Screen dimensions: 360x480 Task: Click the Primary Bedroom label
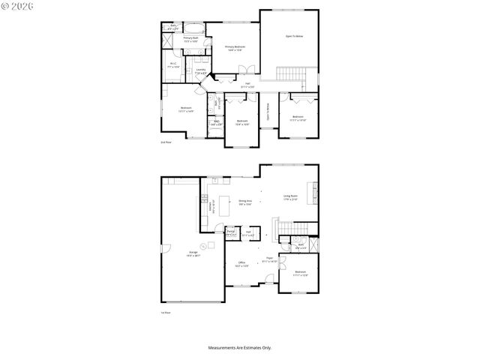coord(235,48)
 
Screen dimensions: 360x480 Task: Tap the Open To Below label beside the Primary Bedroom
coord(293,35)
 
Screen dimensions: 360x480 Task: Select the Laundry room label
coord(200,71)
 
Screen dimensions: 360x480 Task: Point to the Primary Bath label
coord(190,39)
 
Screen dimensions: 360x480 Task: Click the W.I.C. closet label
coord(172,65)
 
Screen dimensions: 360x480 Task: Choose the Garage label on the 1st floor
coord(193,253)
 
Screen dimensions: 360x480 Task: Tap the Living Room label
coord(289,198)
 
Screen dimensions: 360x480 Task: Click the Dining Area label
coord(244,202)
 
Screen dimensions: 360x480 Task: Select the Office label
coord(241,264)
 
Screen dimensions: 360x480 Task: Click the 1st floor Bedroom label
coord(300,273)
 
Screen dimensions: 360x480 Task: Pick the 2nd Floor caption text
coord(166,142)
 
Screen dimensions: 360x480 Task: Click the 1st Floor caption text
coord(166,312)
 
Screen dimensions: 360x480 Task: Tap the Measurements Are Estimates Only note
coord(240,347)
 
